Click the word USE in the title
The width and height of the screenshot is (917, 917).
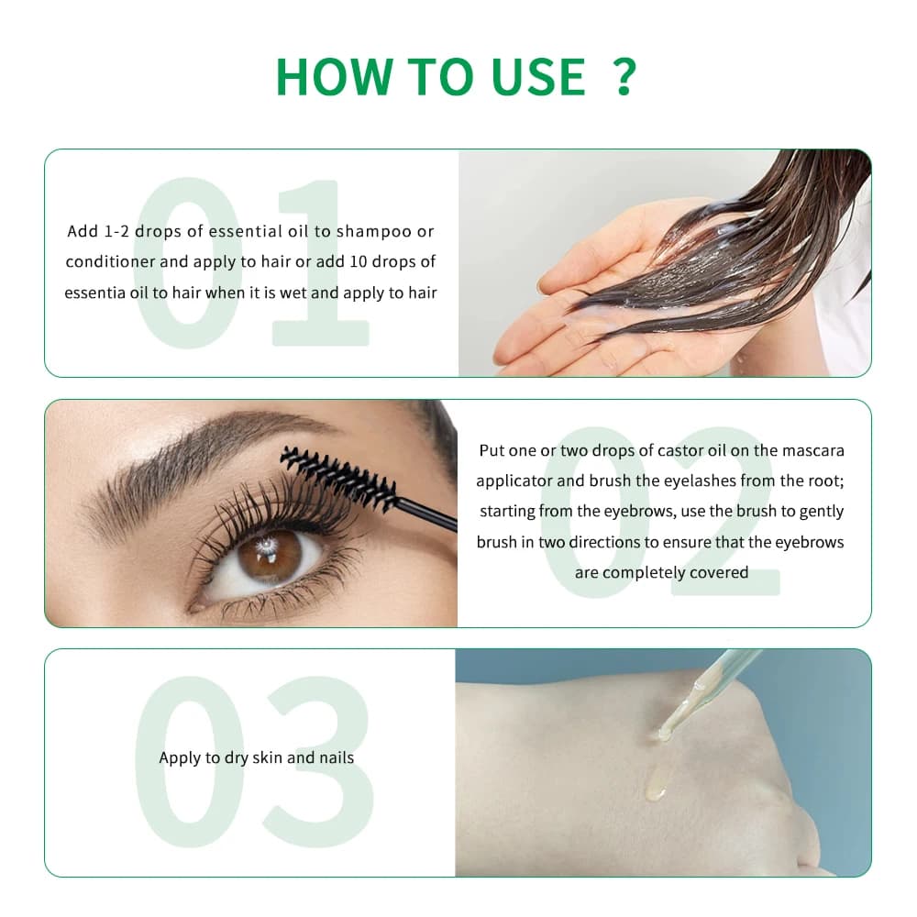pos(538,76)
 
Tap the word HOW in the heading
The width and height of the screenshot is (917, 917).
pos(335,76)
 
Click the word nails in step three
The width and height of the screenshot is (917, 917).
pos(337,757)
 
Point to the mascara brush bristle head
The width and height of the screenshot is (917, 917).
pos(337,478)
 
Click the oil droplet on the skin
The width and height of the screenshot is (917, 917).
pos(656,787)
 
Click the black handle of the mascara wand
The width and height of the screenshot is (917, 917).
pos(427,514)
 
